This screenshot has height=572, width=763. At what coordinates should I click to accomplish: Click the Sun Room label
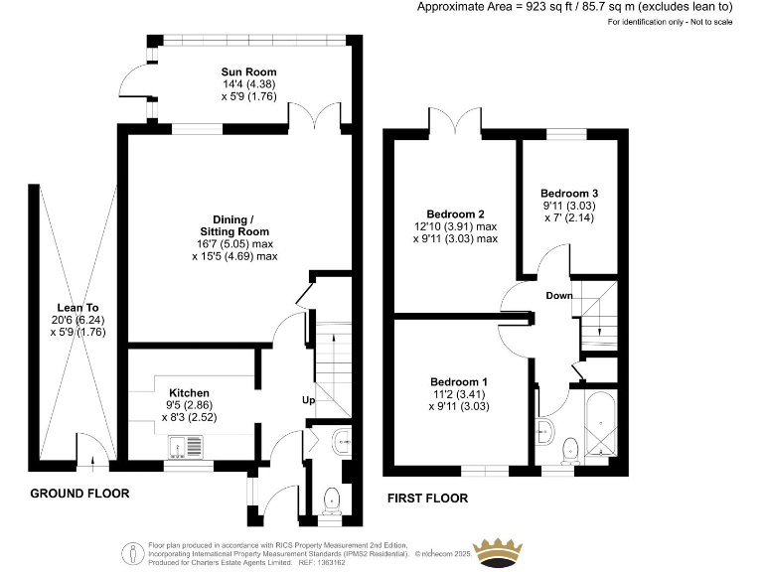click(x=248, y=72)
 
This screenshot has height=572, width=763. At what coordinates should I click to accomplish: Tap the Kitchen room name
click(x=189, y=392)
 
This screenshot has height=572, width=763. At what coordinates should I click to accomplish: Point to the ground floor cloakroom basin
click(x=340, y=438)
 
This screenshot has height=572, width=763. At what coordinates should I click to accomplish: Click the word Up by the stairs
click(x=310, y=400)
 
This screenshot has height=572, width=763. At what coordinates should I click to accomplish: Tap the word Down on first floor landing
click(x=558, y=296)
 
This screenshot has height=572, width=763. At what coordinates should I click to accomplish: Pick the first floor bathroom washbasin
click(x=543, y=430)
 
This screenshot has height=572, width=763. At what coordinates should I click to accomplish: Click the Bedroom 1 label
click(x=458, y=381)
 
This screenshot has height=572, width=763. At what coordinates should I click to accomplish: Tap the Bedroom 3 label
click(x=569, y=193)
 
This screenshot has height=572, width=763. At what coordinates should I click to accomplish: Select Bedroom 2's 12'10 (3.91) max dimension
click(x=462, y=226)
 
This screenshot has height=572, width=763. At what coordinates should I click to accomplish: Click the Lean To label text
click(x=70, y=308)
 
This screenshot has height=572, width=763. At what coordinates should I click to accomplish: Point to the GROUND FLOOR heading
click(x=79, y=494)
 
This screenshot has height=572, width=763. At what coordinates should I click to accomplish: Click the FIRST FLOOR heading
click(x=428, y=498)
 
